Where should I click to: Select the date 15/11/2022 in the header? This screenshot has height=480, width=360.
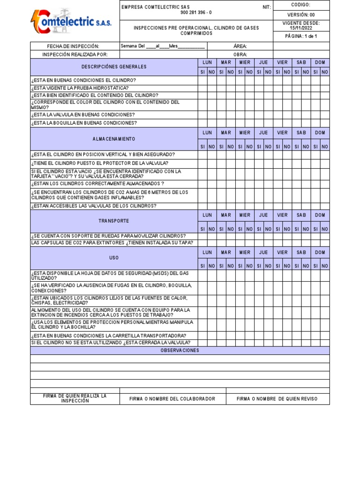[301, 28]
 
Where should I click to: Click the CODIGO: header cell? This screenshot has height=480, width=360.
[301, 5]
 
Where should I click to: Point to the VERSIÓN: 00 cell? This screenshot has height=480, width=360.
[301, 15]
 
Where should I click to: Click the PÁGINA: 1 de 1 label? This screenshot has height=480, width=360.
[301, 37]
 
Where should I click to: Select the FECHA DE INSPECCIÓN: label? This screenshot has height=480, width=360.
[73, 46]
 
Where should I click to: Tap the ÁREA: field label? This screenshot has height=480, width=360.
[240, 46]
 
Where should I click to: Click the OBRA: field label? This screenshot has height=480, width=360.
[240, 54]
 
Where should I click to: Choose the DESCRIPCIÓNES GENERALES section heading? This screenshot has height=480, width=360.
[113, 67]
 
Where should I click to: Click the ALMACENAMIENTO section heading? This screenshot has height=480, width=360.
[113, 139]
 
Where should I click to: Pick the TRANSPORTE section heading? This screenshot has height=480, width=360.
[113, 221]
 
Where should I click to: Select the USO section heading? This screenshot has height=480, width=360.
[113, 258]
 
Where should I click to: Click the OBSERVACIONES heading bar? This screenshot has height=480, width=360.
[180, 351]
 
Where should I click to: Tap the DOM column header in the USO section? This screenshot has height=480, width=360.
[320, 252]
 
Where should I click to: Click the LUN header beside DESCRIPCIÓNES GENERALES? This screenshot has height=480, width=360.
[207, 62]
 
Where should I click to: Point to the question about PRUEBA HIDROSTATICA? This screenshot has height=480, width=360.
[80, 88]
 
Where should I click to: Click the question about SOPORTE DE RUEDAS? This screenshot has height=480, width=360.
[108, 236]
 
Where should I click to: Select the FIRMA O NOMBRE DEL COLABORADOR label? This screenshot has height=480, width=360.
[172, 399]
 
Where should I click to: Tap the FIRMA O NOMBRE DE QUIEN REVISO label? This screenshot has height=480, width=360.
[277, 399]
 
